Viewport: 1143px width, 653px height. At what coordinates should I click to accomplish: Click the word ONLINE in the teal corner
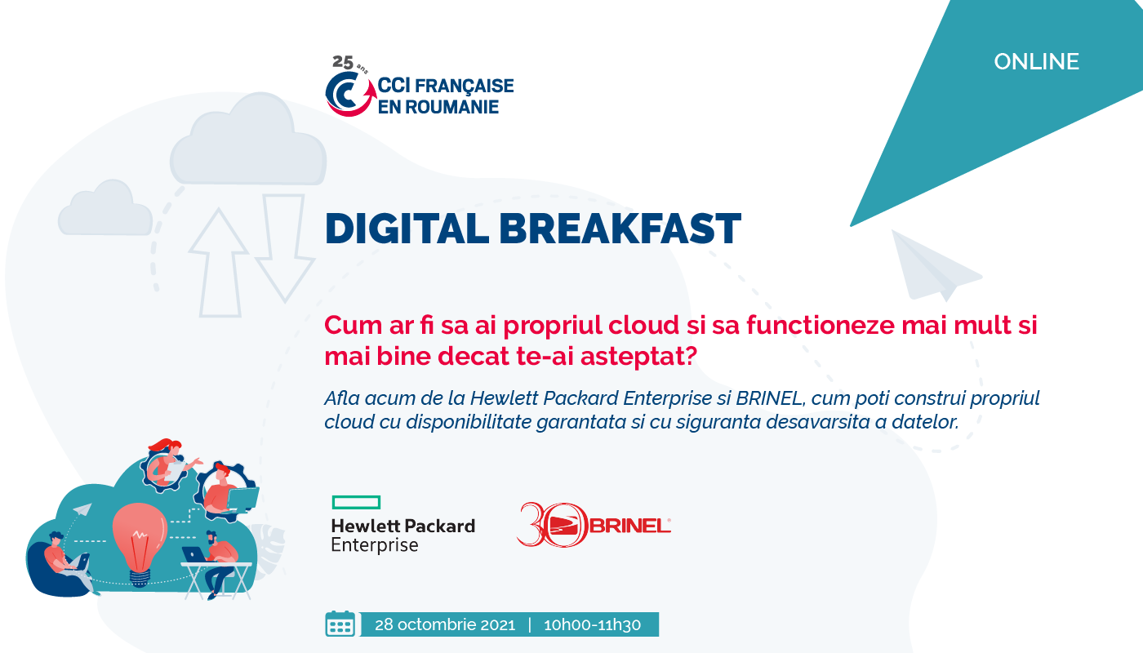click(1036, 62)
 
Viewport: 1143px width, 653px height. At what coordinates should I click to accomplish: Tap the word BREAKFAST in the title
click(620, 229)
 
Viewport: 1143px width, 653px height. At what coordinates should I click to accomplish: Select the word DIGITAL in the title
click(407, 229)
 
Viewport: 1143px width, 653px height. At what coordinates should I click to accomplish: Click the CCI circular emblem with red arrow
click(350, 94)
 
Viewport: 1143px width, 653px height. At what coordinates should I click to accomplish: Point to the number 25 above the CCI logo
click(343, 62)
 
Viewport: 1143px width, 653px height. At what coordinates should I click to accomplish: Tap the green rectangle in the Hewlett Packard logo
click(356, 503)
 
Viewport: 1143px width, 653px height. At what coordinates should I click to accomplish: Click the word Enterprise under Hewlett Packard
click(375, 545)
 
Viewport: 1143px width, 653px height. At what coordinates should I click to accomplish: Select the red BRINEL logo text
click(630, 526)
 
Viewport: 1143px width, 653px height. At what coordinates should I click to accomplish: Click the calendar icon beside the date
click(340, 624)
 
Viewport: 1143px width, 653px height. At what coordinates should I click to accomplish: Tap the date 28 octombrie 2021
click(445, 625)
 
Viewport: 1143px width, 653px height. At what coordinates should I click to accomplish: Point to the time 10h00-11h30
click(592, 625)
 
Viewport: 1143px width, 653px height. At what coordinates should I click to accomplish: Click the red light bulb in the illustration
click(140, 540)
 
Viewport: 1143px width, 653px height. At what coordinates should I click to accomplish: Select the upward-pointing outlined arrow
click(219, 263)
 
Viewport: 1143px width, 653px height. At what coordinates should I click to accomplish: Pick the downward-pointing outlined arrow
click(285, 247)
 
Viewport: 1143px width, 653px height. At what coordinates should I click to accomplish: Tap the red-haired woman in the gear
click(168, 462)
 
